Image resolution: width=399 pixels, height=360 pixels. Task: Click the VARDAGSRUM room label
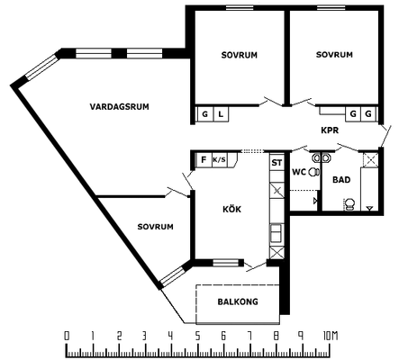[119, 106]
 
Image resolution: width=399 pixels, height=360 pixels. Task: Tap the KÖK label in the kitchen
[231, 209]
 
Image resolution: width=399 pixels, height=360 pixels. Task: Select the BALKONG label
[238, 301]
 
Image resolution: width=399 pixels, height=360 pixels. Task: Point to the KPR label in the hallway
[330, 130]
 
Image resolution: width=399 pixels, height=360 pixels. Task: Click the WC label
[299, 172]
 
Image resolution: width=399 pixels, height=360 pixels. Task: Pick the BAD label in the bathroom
[341, 180]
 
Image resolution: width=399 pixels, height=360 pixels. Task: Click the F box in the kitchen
[204, 159]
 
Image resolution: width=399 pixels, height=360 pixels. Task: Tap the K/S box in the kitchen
[219, 159]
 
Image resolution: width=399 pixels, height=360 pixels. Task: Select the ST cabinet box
[277, 162]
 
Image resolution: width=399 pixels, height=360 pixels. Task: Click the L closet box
[221, 114]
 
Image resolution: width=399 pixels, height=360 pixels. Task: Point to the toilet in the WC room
[313, 172]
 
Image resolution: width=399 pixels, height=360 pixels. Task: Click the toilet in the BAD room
[349, 204]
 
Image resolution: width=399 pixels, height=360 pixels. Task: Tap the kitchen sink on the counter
[277, 233]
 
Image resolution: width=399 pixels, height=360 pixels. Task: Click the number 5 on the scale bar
[197, 336]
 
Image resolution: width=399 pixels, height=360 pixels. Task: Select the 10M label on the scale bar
[331, 336]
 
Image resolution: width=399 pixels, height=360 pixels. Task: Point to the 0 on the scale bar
[67, 336]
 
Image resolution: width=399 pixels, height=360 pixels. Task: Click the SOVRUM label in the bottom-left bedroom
[155, 227]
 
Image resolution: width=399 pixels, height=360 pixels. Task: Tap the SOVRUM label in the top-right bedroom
[334, 55]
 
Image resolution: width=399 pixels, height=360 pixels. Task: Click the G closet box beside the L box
[205, 114]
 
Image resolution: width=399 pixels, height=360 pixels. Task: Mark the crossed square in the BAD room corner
[370, 160]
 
